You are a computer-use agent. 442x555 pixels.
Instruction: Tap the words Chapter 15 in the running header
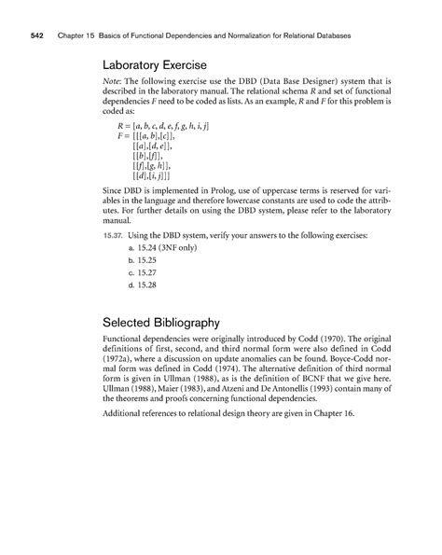coord(82,36)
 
